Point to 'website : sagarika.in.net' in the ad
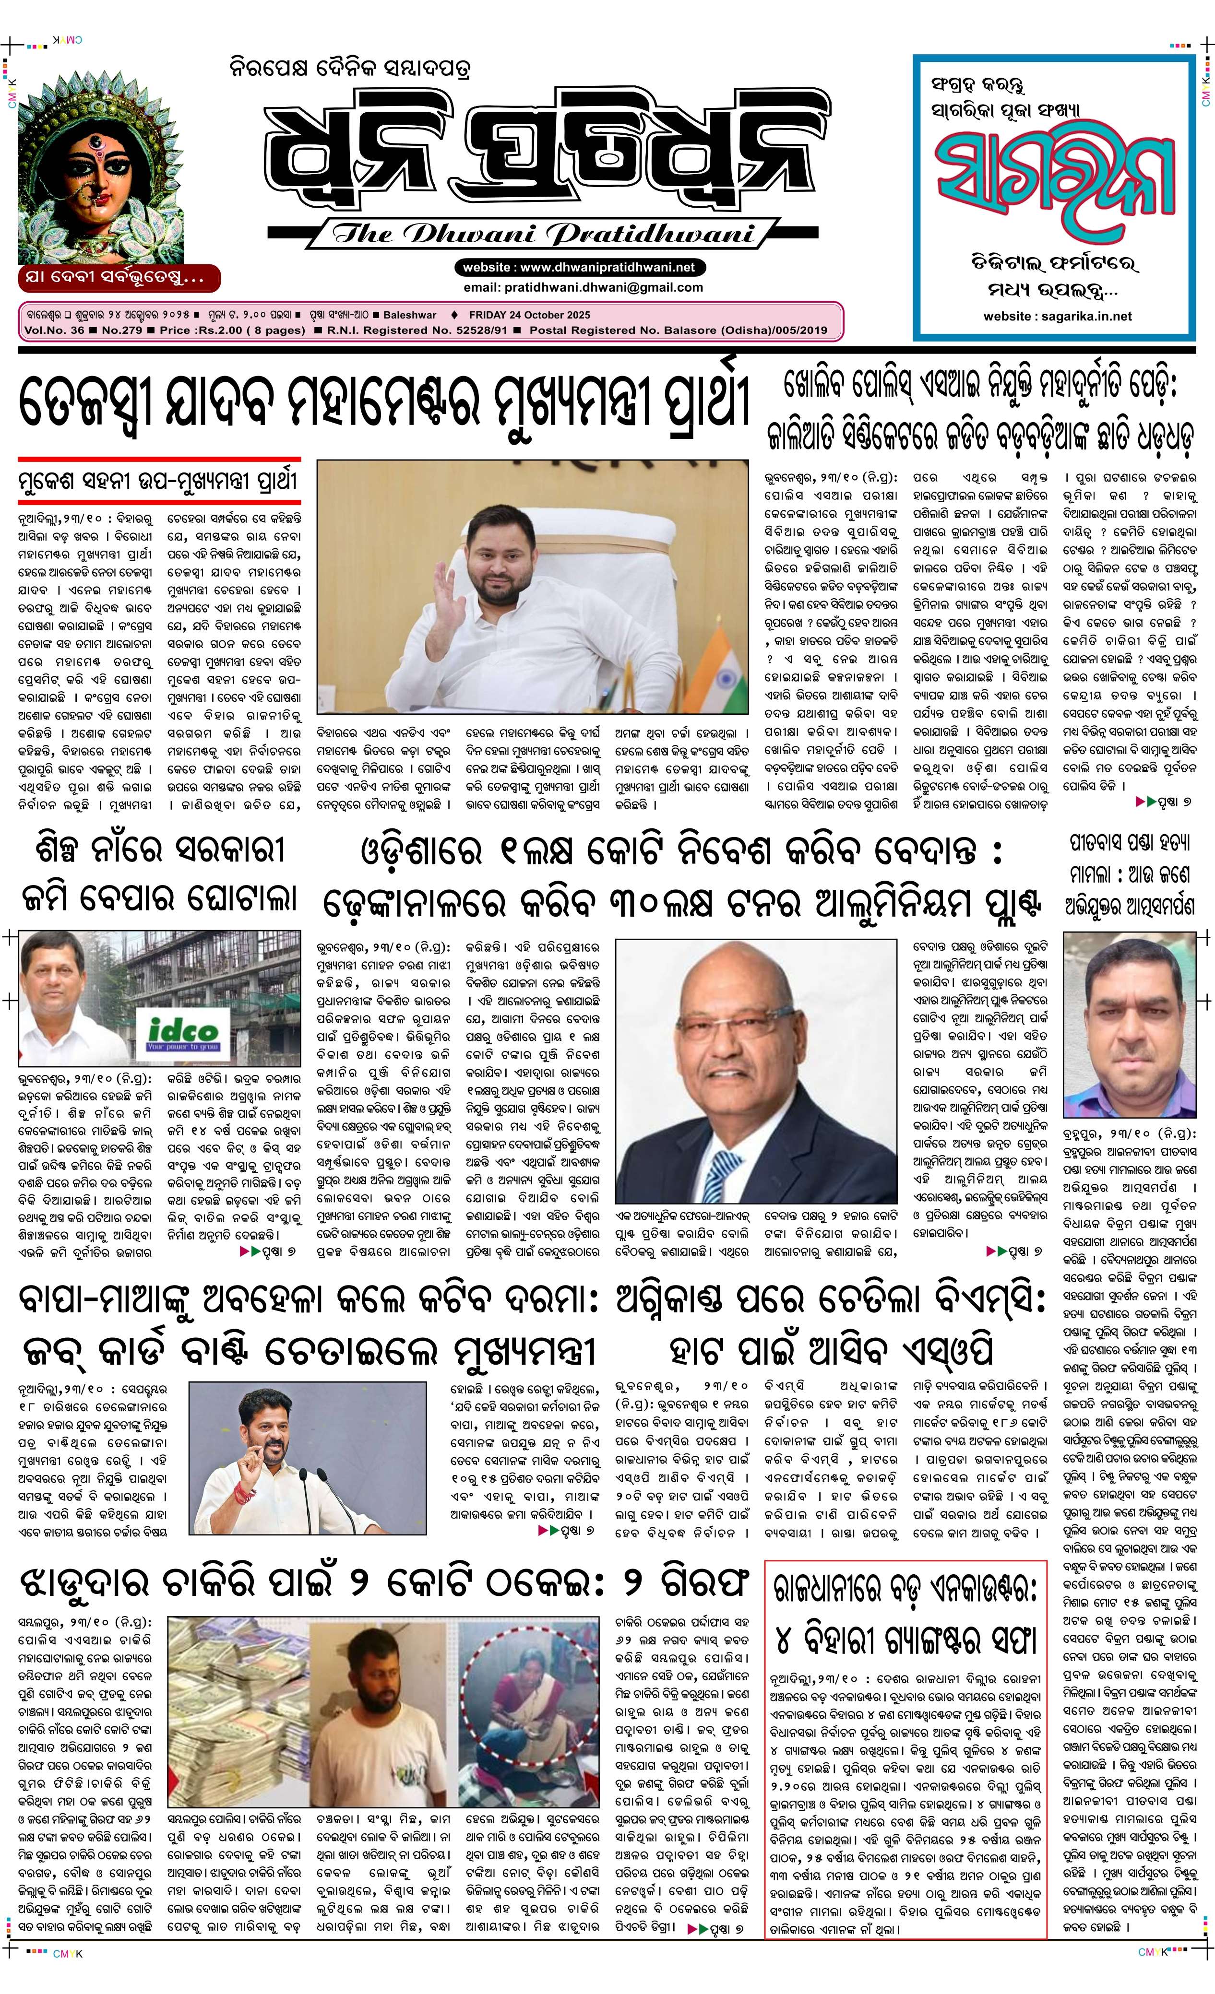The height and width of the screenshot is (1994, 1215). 1057,317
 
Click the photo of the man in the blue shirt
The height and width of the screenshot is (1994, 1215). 1129,1024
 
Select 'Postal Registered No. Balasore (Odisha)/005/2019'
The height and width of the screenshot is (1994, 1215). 679,330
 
